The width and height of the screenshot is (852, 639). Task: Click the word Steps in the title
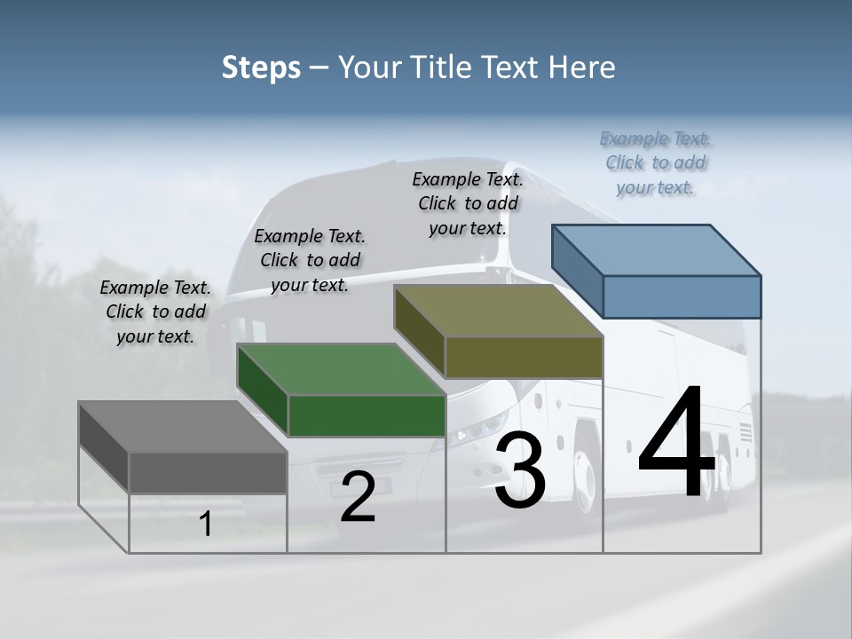pos(261,67)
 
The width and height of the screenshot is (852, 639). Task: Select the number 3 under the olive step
pos(520,471)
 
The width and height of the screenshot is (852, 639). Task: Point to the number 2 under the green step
pos(358,498)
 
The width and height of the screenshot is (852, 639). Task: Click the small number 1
pos(206,525)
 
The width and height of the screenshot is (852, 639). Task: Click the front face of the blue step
pos(682,296)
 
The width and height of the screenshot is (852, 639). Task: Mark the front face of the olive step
pos(524,357)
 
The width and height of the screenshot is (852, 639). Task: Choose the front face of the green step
pos(367,415)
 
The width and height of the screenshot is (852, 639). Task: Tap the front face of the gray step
pos(208,472)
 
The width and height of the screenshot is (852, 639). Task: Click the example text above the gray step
pos(155,312)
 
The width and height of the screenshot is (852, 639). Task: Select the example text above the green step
pos(310,261)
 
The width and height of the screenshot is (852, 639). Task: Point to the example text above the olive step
pos(468,203)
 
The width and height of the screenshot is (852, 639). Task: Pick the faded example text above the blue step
pos(655,162)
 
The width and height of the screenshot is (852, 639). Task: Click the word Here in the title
pos(583,67)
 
